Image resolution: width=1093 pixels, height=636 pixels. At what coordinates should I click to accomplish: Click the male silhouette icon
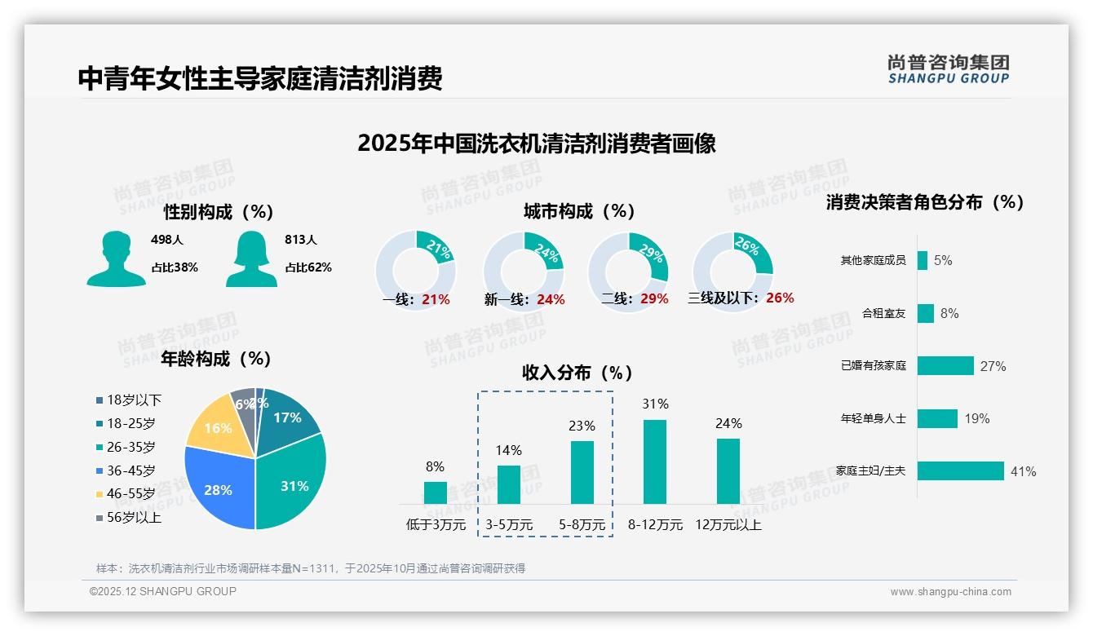116,258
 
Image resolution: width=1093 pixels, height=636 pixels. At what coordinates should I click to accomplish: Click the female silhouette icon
250,258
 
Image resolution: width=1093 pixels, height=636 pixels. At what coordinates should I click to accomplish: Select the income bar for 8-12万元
655,462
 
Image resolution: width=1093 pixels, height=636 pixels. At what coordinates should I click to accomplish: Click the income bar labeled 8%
435,492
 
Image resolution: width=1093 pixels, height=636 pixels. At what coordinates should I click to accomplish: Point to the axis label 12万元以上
728,525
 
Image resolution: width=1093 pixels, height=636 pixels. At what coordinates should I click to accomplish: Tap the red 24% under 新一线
551,300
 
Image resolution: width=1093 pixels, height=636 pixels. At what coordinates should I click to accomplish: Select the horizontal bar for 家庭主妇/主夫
960,471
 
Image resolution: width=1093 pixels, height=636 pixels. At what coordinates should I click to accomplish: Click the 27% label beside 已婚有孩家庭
993,366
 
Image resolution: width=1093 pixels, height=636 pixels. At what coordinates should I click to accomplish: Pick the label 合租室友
884,313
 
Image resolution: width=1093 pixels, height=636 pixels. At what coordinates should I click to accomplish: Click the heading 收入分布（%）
577,373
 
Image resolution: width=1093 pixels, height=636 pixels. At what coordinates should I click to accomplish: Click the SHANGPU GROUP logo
948,69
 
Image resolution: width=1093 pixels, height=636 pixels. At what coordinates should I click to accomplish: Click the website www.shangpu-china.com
950,592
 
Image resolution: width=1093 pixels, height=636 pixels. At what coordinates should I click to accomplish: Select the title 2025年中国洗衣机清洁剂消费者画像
536,144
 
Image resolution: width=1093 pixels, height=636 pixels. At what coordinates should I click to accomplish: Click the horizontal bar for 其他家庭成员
922,260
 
